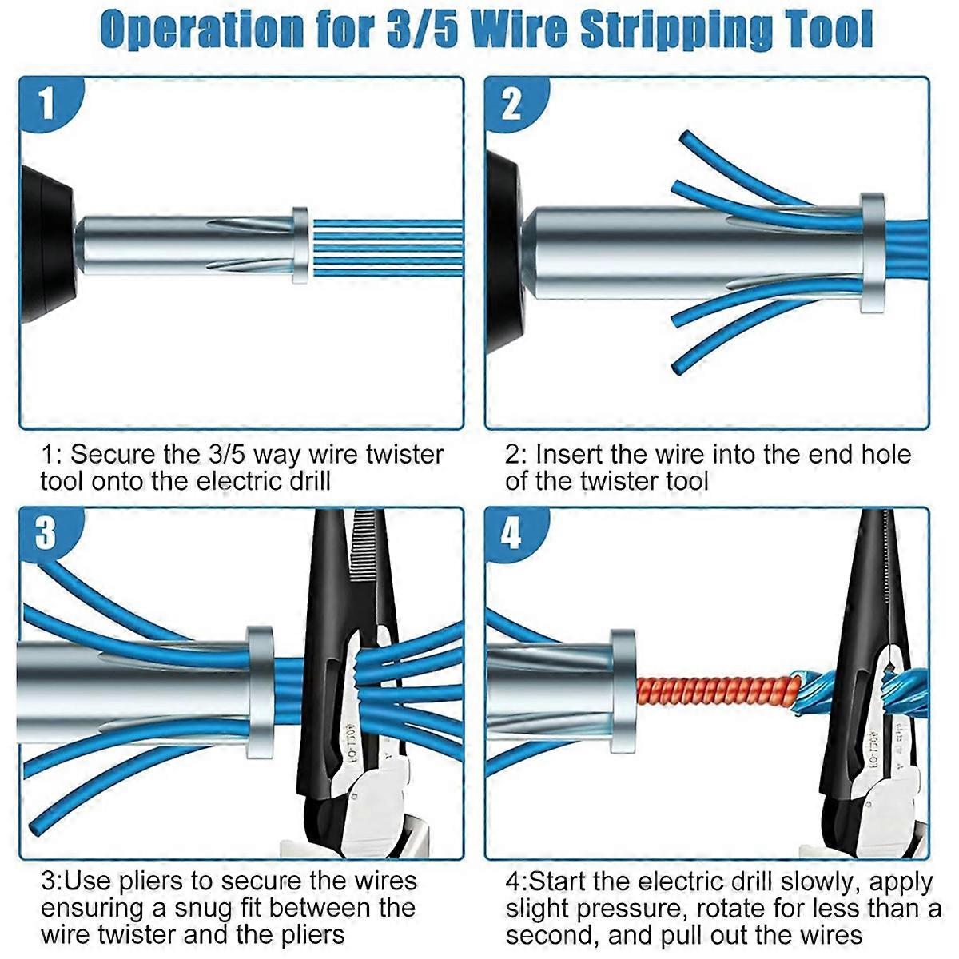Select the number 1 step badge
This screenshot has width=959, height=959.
point(48,103)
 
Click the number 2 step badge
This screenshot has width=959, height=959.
point(513,105)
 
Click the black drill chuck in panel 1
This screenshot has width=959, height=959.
point(48,244)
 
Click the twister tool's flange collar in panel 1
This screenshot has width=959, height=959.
point(300,245)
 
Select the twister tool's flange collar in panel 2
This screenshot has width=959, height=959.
point(873,253)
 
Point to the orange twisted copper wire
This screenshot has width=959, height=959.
point(718,693)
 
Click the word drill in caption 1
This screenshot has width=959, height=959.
point(310,481)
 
